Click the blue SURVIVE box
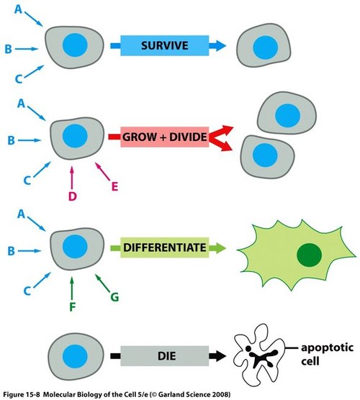165,45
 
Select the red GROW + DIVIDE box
165,137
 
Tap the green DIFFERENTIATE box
165,247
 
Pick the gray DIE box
165,356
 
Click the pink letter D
73,196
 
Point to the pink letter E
115,186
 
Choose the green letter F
73,307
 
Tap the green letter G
114,297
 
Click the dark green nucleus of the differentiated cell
309,255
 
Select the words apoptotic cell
327,355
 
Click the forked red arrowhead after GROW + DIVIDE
221,138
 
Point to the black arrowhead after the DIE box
217,356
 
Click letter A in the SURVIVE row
19,9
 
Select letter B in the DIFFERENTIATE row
12,251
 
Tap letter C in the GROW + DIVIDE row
27,181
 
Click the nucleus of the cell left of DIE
75,356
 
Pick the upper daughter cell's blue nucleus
287,116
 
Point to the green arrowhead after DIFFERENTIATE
217,248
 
